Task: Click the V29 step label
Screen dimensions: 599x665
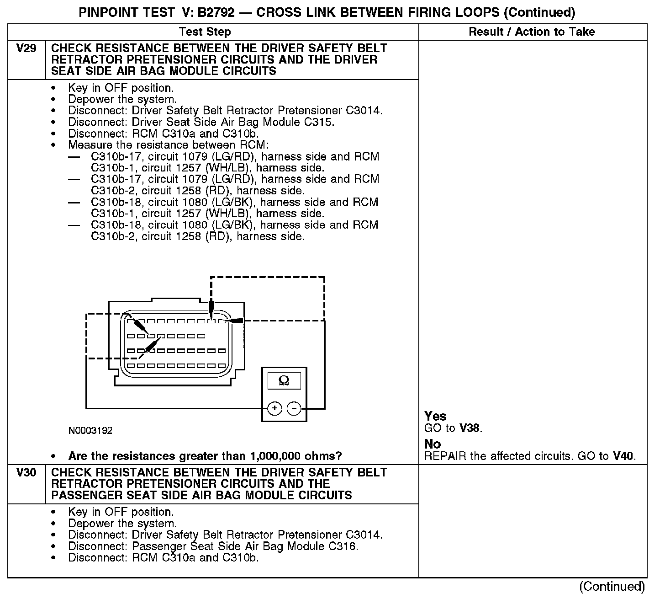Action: click(x=26, y=48)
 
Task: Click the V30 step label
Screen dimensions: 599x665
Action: click(x=26, y=473)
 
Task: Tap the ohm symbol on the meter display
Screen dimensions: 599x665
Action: click(x=284, y=381)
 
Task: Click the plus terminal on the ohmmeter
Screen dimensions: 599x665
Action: click(x=274, y=408)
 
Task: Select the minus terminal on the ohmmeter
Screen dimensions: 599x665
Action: click(x=294, y=408)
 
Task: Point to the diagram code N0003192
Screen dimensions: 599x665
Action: click(x=90, y=431)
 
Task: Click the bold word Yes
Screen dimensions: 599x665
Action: click(x=435, y=416)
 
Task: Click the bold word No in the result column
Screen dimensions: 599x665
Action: click(x=433, y=444)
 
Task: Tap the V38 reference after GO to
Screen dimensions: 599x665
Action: click(x=470, y=428)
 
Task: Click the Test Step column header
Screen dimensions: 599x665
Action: click(x=205, y=32)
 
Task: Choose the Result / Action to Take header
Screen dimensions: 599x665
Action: click(x=532, y=32)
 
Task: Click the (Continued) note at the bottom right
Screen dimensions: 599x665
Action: click(x=612, y=587)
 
